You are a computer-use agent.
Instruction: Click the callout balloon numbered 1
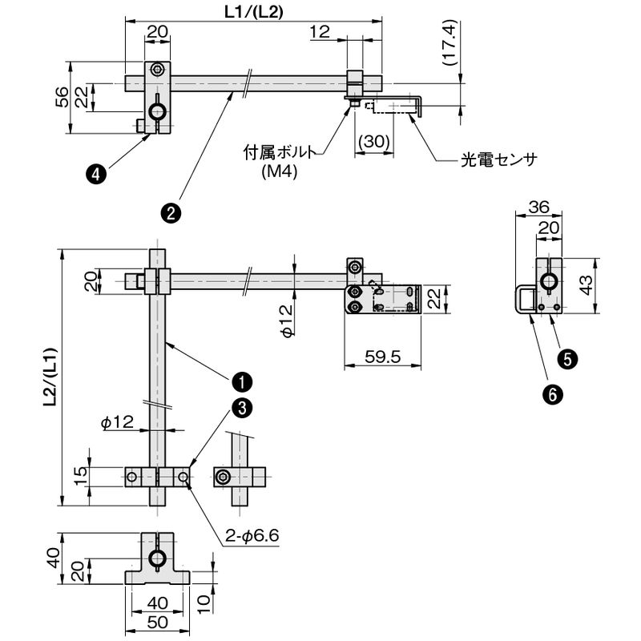pos(242,382)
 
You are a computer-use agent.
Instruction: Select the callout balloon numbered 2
pos(171,212)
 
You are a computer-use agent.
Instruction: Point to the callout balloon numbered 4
pos(96,175)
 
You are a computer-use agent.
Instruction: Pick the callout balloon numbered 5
pos(567,359)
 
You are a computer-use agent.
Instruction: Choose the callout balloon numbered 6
pos(552,394)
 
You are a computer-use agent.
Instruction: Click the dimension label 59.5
pos(382,357)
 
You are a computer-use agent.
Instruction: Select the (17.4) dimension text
pos(450,42)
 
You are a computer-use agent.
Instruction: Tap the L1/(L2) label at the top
pos(253,12)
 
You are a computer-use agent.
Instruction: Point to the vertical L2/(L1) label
pos(50,377)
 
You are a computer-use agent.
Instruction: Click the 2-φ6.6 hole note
pos(252,534)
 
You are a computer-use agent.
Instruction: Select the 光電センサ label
pos(498,159)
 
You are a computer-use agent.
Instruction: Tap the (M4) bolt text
pos(280,171)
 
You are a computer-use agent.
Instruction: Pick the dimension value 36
pos(538,208)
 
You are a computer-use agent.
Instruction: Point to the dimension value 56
pos(62,97)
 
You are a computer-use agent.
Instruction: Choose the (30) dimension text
pos(373,142)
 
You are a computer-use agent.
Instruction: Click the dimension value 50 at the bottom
pos(157,623)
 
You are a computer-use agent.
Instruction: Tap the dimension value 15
pos(81,475)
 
